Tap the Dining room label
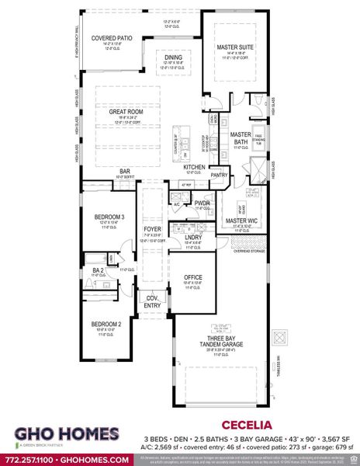172,56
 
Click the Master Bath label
241,137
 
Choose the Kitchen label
194,167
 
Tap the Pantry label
219,176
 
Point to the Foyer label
152,229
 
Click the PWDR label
203,203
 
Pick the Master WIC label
241,221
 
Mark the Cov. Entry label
152,302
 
